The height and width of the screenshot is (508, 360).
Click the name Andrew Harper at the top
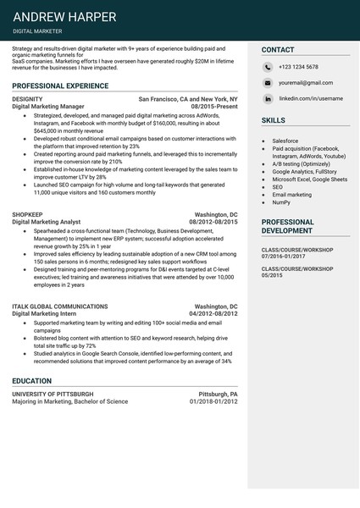click(x=64, y=16)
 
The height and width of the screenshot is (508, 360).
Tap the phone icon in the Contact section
click(x=268, y=66)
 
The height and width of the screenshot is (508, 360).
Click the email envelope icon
click(x=268, y=83)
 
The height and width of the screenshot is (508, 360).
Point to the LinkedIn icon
click(x=268, y=99)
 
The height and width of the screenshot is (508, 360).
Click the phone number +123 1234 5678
click(x=298, y=67)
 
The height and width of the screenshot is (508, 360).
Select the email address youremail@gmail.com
click(x=306, y=83)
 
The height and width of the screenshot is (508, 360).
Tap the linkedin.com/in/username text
click(x=311, y=99)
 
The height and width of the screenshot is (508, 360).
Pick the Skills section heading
click(x=273, y=121)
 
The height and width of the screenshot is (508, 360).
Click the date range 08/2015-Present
click(x=214, y=107)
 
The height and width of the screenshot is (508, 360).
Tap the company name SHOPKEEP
click(x=28, y=215)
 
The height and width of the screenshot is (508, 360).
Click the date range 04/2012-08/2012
click(x=212, y=313)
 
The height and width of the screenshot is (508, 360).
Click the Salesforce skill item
click(x=285, y=141)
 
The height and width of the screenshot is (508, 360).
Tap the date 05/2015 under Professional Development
click(x=272, y=276)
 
